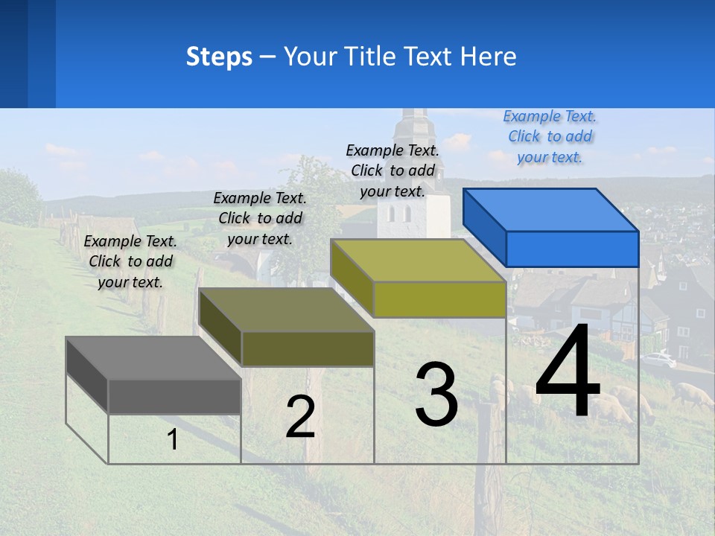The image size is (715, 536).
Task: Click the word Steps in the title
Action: (219, 57)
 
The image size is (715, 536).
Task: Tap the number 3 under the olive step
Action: (436, 395)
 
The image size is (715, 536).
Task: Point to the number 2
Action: (300, 417)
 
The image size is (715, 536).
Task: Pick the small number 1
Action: (173, 440)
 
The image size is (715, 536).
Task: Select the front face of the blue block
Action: (572, 249)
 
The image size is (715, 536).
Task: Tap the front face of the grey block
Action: (174, 396)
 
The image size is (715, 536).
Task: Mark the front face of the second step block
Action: (308, 348)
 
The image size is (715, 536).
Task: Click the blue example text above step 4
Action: (550, 136)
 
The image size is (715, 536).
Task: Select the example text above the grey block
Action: (130, 261)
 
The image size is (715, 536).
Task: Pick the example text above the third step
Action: (393, 170)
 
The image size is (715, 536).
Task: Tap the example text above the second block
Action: (260, 218)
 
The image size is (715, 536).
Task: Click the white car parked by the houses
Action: (658, 360)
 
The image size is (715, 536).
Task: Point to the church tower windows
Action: (399, 214)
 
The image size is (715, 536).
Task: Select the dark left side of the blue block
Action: (485, 227)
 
